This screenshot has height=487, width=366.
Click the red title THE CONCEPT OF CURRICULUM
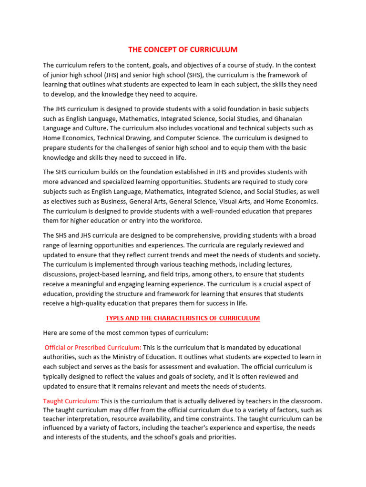[x=183, y=49]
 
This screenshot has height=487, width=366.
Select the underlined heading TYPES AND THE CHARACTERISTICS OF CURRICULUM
[x=183, y=318]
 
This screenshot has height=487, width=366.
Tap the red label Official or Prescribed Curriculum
[x=93, y=348]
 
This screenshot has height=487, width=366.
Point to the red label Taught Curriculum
[x=71, y=401]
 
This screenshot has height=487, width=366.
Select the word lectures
[x=278, y=264]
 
